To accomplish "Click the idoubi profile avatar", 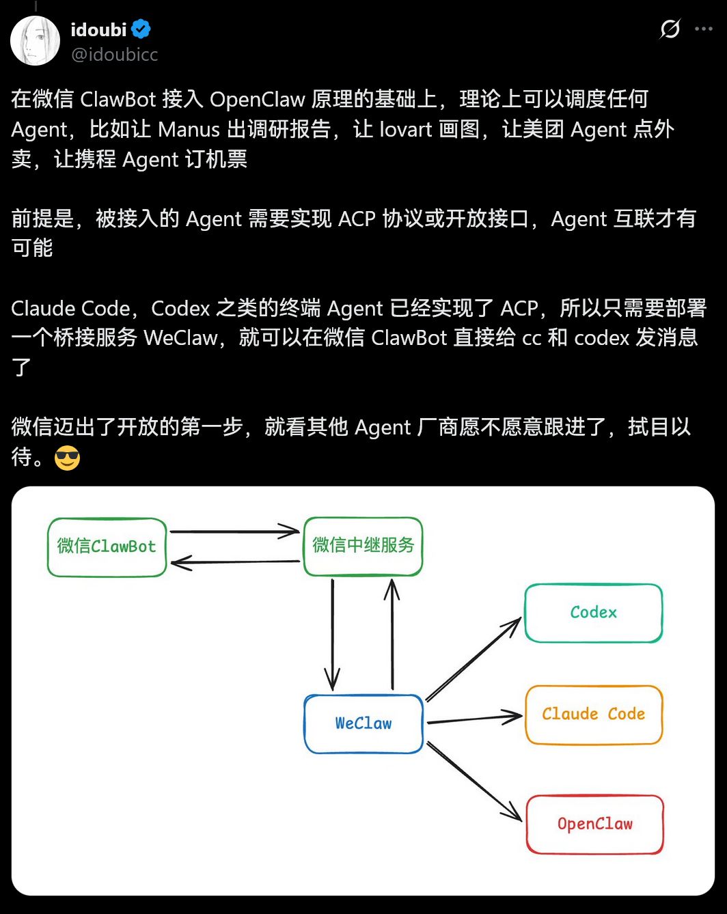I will tap(36, 41).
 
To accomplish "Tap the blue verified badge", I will tap(141, 29).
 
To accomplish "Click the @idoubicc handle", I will tap(115, 55).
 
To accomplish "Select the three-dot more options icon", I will tap(704, 29).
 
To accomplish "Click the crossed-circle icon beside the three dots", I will tap(670, 29).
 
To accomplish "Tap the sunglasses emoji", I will tap(67, 458).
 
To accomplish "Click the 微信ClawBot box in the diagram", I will tap(107, 546).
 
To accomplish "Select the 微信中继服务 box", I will tap(363, 546).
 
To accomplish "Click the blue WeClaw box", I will tap(363, 723).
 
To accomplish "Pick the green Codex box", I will tap(593, 613).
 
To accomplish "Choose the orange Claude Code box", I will tap(593, 715).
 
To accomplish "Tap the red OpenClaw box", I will tap(594, 824).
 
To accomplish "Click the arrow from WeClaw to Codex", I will tap(473, 659).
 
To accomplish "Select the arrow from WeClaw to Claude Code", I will tap(474, 719).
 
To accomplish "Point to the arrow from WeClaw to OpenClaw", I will tap(474, 781).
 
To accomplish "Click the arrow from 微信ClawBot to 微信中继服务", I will tap(234, 531).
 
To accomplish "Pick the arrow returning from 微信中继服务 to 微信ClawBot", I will tap(234, 562).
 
